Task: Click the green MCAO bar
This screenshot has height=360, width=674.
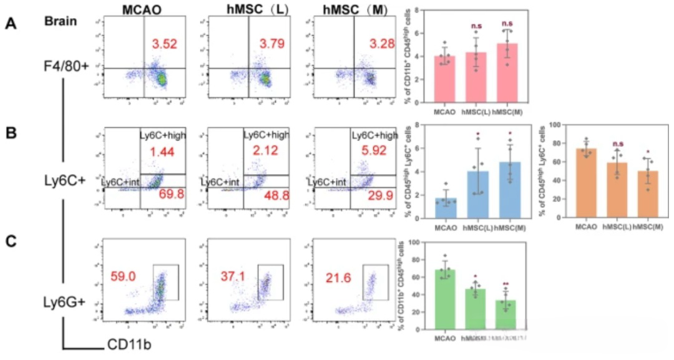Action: tap(444, 299)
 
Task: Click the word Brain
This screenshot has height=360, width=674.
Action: tap(61, 21)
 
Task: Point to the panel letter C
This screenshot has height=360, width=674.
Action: tap(11, 240)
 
